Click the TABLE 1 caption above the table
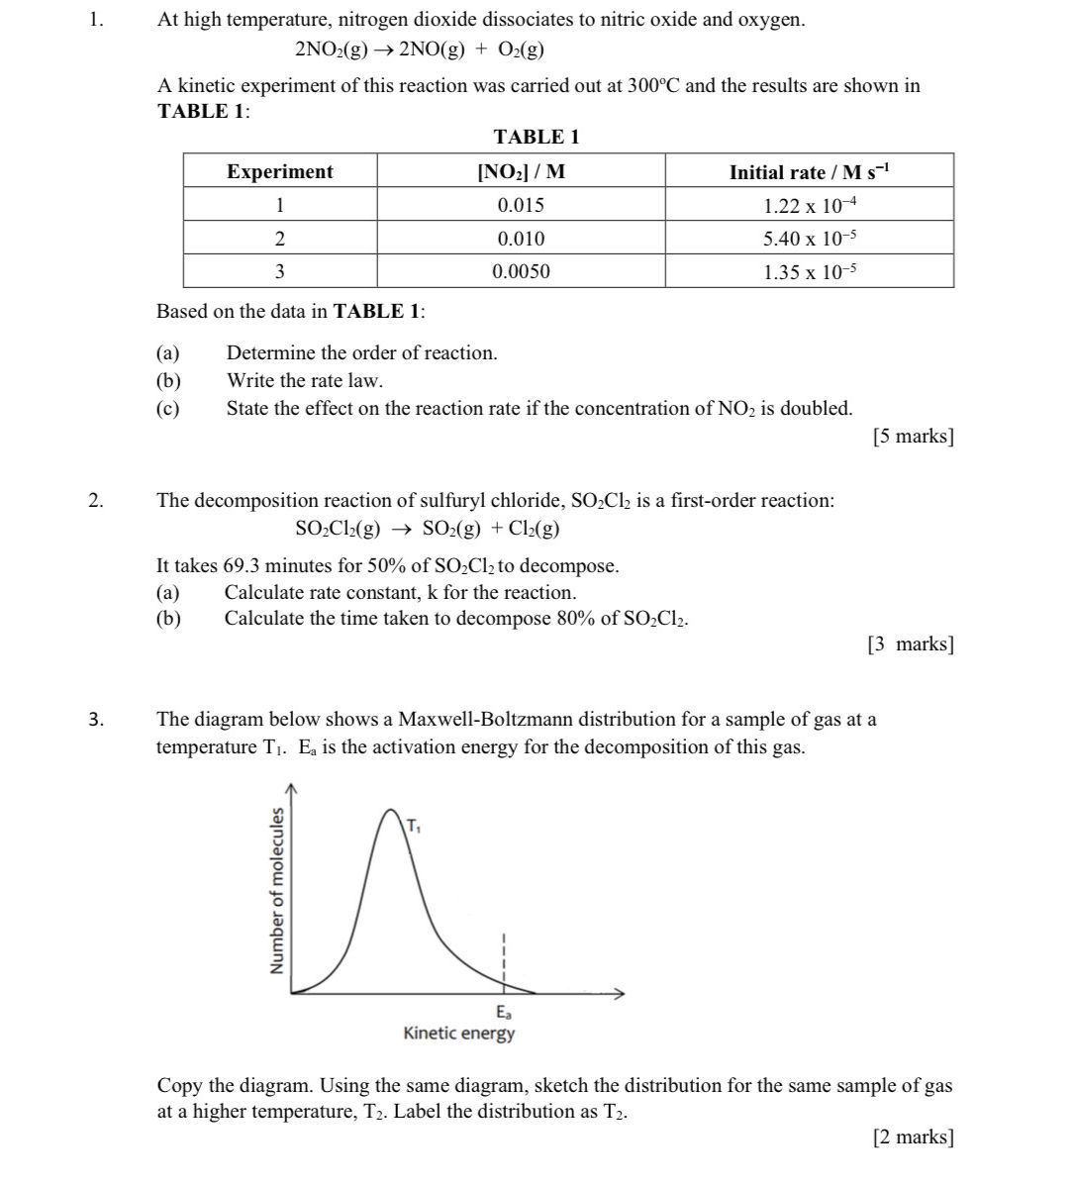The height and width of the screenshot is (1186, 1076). (x=536, y=137)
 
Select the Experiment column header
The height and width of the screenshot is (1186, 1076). (x=280, y=171)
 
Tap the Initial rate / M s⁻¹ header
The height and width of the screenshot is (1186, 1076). (x=809, y=172)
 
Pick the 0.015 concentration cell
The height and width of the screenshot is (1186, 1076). (x=521, y=206)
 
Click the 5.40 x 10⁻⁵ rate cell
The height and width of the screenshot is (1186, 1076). (x=809, y=239)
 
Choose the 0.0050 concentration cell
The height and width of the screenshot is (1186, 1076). (x=521, y=271)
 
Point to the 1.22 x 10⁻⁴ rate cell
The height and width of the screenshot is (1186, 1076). (x=809, y=206)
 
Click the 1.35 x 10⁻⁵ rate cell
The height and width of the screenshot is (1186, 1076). (x=809, y=272)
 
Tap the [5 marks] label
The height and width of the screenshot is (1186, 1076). (x=913, y=437)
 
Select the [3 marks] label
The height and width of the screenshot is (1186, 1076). (x=910, y=644)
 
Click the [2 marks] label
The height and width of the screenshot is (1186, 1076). (x=913, y=1137)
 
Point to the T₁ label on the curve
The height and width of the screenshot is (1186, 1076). (x=413, y=826)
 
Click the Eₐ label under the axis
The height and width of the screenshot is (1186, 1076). (x=504, y=1013)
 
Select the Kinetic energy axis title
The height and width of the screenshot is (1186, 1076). (x=459, y=1034)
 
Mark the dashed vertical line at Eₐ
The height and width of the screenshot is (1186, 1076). (x=504, y=960)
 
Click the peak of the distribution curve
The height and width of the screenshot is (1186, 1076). (x=390, y=812)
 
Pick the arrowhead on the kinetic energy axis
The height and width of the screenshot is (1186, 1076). (x=621, y=993)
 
